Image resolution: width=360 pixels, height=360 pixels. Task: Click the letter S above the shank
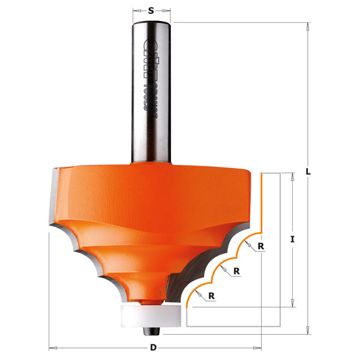pyautogui.click(x=151, y=10)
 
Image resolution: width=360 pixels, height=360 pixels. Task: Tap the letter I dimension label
pyautogui.click(x=292, y=239)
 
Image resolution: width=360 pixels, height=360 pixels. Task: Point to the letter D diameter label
pyautogui.click(x=154, y=348)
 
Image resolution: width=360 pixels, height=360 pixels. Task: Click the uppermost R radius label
pyautogui.click(x=261, y=246)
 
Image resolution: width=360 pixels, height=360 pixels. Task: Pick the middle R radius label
pyautogui.click(x=237, y=271)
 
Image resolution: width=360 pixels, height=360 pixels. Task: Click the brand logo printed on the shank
pyautogui.click(x=151, y=45)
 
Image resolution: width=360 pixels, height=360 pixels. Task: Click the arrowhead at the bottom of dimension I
pyautogui.click(x=292, y=304)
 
